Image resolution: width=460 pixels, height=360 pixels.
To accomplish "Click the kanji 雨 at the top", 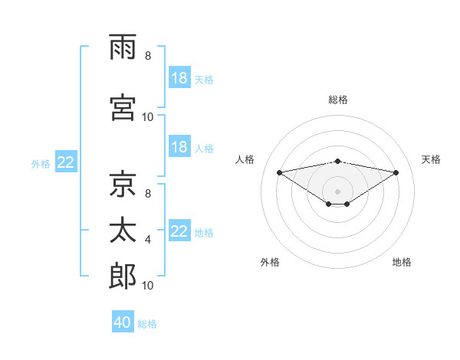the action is (x=123, y=47).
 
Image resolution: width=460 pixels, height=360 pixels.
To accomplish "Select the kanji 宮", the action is (x=123, y=107).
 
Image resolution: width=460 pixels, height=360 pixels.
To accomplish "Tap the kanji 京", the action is (x=123, y=184).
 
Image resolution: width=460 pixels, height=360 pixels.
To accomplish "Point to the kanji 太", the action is (x=123, y=230).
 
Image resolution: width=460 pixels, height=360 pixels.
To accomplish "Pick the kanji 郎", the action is (x=123, y=276).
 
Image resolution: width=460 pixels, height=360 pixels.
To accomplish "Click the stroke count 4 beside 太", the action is (x=148, y=240).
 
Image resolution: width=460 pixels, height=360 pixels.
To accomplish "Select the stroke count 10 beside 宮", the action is (x=147, y=117).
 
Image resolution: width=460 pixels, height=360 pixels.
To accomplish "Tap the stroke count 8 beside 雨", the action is (x=148, y=56).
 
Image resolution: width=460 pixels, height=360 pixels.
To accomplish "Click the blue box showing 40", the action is (x=123, y=321).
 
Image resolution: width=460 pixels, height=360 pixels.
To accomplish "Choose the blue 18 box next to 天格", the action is (x=180, y=77).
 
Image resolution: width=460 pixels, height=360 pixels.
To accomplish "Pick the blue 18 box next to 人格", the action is (x=180, y=146).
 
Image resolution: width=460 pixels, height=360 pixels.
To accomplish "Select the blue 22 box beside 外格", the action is (x=66, y=162).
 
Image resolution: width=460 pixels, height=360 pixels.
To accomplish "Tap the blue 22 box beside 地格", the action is (x=180, y=230).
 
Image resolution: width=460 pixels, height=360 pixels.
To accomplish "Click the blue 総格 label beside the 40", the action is (x=147, y=324).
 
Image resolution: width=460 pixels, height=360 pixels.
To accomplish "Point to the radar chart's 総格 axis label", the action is (x=338, y=100).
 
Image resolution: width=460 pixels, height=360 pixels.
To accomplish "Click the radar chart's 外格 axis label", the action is (x=270, y=262).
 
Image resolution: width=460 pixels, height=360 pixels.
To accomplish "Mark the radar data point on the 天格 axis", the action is (x=396, y=172).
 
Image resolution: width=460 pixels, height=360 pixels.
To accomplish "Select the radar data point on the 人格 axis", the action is (x=280, y=172).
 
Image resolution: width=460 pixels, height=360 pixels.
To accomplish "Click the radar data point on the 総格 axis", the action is (x=338, y=162).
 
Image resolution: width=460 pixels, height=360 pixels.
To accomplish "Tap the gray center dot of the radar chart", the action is (x=337, y=191).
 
